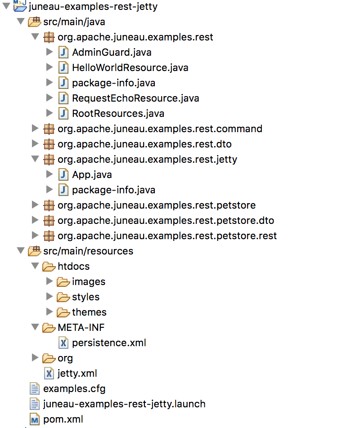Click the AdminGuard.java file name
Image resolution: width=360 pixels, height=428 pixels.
click(x=111, y=52)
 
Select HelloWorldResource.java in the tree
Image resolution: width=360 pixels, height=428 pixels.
click(x=130, y=67)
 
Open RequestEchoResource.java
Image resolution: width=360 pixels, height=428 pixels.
click(x=135, y=98)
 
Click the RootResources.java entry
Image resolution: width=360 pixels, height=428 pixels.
click(x=118, y=113)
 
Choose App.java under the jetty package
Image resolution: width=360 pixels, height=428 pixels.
click(x=92, y=174)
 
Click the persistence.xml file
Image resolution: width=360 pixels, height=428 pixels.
click(x=109, y=343)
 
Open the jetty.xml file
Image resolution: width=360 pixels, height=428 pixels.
click(x=77, y=373)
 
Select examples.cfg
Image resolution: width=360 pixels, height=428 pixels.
click(x=74, y=388)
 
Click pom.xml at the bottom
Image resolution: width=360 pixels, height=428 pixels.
click(x=63, y=419)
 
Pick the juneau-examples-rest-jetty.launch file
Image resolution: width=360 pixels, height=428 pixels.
click(x=124, y=404)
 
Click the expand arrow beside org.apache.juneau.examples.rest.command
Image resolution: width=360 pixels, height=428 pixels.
click(x=35, y=129)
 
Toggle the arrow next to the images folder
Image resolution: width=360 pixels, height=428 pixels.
click(x=49, y=281)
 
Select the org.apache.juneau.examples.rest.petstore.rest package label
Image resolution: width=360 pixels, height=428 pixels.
click(x=167, y=236)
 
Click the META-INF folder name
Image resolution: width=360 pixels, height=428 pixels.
click(x=81, y=327)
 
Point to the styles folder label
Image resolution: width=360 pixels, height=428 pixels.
click(x=85, y=297)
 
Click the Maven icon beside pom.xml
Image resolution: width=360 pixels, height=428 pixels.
click(x=35, y=419)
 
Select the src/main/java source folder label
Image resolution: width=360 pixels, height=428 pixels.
click(x=74, y=22)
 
